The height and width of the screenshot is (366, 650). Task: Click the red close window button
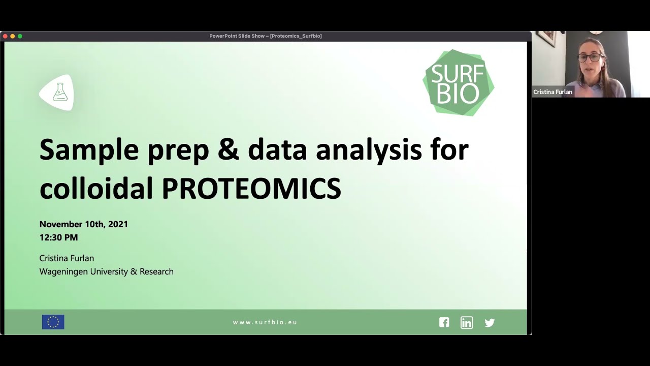pyautogui.click(x=5, y=36)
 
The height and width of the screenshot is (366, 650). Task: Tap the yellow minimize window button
pyautogui.click(x=13, y=36)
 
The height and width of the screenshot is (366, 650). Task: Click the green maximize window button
pyautogui.click(x=20, y=36)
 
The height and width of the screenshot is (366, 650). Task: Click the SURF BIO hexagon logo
pyautogui.click(x=458, y=83)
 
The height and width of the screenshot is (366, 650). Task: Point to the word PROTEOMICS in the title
pyautogui.click(x=251, y=189)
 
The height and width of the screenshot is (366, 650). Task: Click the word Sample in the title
pyautogui.click(x=89, y=150)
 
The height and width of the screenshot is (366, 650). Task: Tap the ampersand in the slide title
pyautogui.click(x=227, y=150)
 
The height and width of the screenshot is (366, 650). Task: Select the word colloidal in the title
pyautogui.click(x=96, y=189)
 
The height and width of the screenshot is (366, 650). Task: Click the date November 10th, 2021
pyautogui.click(x=84, y=224)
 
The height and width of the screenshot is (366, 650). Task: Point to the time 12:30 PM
pyautogui.click(x=58, y=237)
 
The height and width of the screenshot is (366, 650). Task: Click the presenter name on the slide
pyautogui.click(x=67, y=258)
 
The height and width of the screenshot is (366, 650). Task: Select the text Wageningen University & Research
pyautogui.click(x=106, y=271)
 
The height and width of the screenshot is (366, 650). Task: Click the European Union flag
pyautogui.click(x=53, y=322)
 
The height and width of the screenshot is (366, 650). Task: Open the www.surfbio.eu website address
pyautogui.click(x=265, y=322)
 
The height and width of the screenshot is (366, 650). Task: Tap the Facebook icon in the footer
pyautogui.click(x=444, y=322)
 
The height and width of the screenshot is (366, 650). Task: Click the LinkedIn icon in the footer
pyautogui.click(x=466, y=322)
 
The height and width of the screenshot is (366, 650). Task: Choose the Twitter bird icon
pyautogui.click(x=490, y=322)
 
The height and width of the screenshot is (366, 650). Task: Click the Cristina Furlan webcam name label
pyautogui.click(x=552, y=92)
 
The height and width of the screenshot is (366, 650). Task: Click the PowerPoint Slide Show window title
pyautogui.click(x=265, y=36)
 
